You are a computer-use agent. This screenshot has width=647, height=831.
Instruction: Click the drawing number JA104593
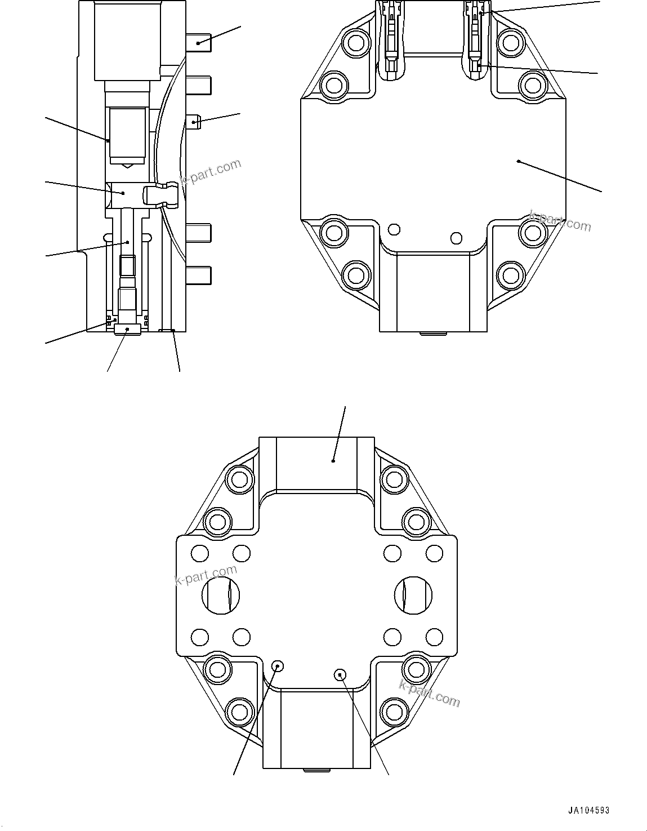point(588,811)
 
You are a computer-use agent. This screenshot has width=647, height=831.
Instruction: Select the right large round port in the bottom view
point(413,594)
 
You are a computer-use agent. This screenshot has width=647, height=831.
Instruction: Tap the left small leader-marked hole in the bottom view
point(277,666)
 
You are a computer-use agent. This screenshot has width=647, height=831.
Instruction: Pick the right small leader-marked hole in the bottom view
point(340,674)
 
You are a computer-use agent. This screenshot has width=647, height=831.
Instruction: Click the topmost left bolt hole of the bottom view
point(239,479)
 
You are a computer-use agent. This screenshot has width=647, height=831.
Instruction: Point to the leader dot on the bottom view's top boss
point(333,461)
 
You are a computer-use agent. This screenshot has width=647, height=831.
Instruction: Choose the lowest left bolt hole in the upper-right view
point(356,275)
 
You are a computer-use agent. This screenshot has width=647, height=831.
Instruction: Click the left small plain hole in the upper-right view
point(394,229)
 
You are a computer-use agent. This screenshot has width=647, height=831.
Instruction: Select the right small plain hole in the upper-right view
point(457,237)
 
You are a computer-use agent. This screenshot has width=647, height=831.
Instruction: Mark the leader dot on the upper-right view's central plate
point(518,162)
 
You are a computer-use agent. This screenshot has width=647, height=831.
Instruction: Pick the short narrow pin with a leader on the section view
point(194,122)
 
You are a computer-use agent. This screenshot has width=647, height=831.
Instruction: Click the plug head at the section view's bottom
point(127,329)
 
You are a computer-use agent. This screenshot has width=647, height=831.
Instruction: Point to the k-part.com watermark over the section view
point(209,173)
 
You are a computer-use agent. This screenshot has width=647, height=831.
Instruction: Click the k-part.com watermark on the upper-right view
point(560,221)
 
